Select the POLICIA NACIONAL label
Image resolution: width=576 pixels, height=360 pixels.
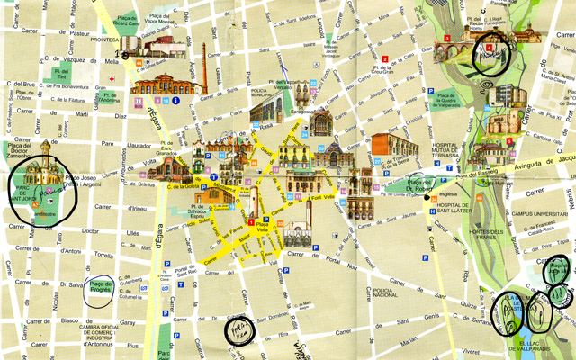click(x=385, y=295)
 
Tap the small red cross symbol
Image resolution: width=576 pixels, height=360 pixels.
click(x=111, y=79)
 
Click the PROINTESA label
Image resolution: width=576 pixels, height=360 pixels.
click(x=105, y=40)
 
